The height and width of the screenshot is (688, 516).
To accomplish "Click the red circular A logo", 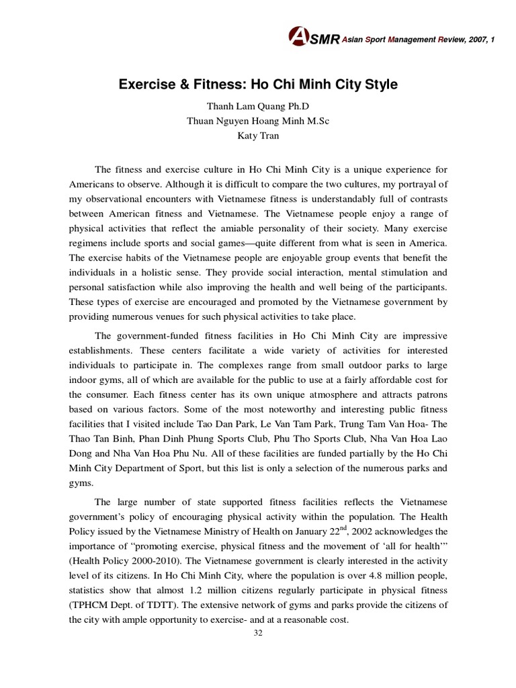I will coord(298,37).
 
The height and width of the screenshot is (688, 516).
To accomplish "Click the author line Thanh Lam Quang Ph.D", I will coord(257,107).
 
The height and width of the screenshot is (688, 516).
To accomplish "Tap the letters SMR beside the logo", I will coord(326,40).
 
